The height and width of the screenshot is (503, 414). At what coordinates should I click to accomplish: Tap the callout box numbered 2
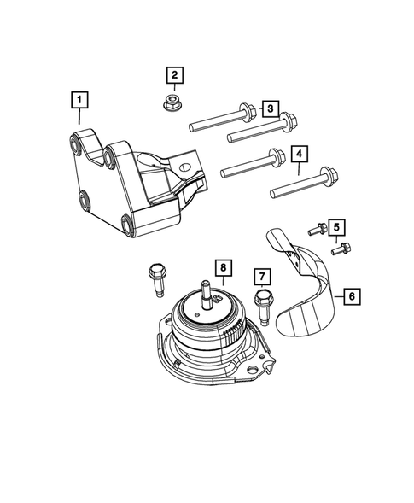click(x=174, y=76)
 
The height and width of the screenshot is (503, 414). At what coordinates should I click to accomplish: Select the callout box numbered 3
click(x=269, y=108)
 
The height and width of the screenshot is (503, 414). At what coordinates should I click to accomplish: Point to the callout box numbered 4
click(x=299, y=155)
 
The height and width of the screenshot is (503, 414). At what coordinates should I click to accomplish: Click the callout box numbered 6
click(x=351, y=296)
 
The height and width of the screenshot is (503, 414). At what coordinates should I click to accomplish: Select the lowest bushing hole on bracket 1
click(x=129, y=225)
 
